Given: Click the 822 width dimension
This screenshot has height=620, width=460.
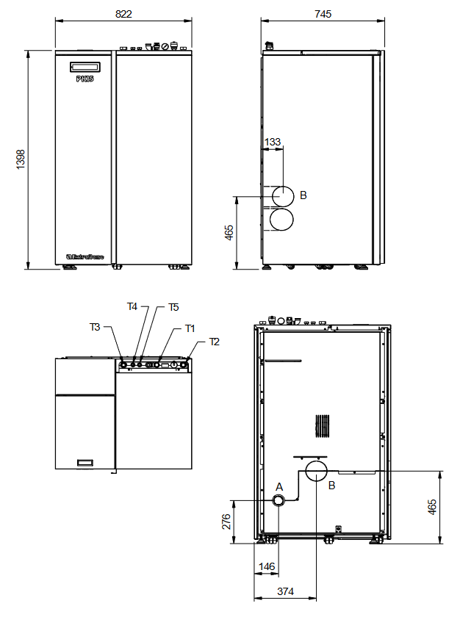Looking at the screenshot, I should coord(123,15).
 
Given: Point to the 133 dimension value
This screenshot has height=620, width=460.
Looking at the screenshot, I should coord(272,141).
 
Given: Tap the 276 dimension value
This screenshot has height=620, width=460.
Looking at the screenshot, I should coord(226,522).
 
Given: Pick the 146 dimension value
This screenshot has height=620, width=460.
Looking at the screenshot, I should coord(267,567).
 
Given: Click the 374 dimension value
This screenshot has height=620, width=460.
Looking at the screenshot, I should coord(285,591).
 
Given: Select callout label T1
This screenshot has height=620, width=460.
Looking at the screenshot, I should coord(190,328).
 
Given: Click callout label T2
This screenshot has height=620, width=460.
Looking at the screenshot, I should coord(215,342).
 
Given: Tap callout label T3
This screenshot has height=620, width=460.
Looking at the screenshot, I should coord(96,327).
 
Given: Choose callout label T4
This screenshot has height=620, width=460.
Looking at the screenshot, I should coord(132,306).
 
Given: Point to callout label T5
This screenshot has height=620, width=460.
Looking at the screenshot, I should coord(173,307).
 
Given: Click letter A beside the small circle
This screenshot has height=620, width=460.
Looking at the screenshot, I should coord(278,486).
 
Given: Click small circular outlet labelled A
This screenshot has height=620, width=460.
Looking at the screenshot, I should coord(280,501).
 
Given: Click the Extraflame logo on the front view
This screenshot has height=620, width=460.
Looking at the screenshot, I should coord(85,256).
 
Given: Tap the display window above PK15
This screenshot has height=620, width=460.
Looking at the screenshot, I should coord(85,66).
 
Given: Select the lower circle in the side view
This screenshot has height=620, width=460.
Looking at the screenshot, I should coord(283,220).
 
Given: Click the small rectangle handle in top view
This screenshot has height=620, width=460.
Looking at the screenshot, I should coord(85,462).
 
